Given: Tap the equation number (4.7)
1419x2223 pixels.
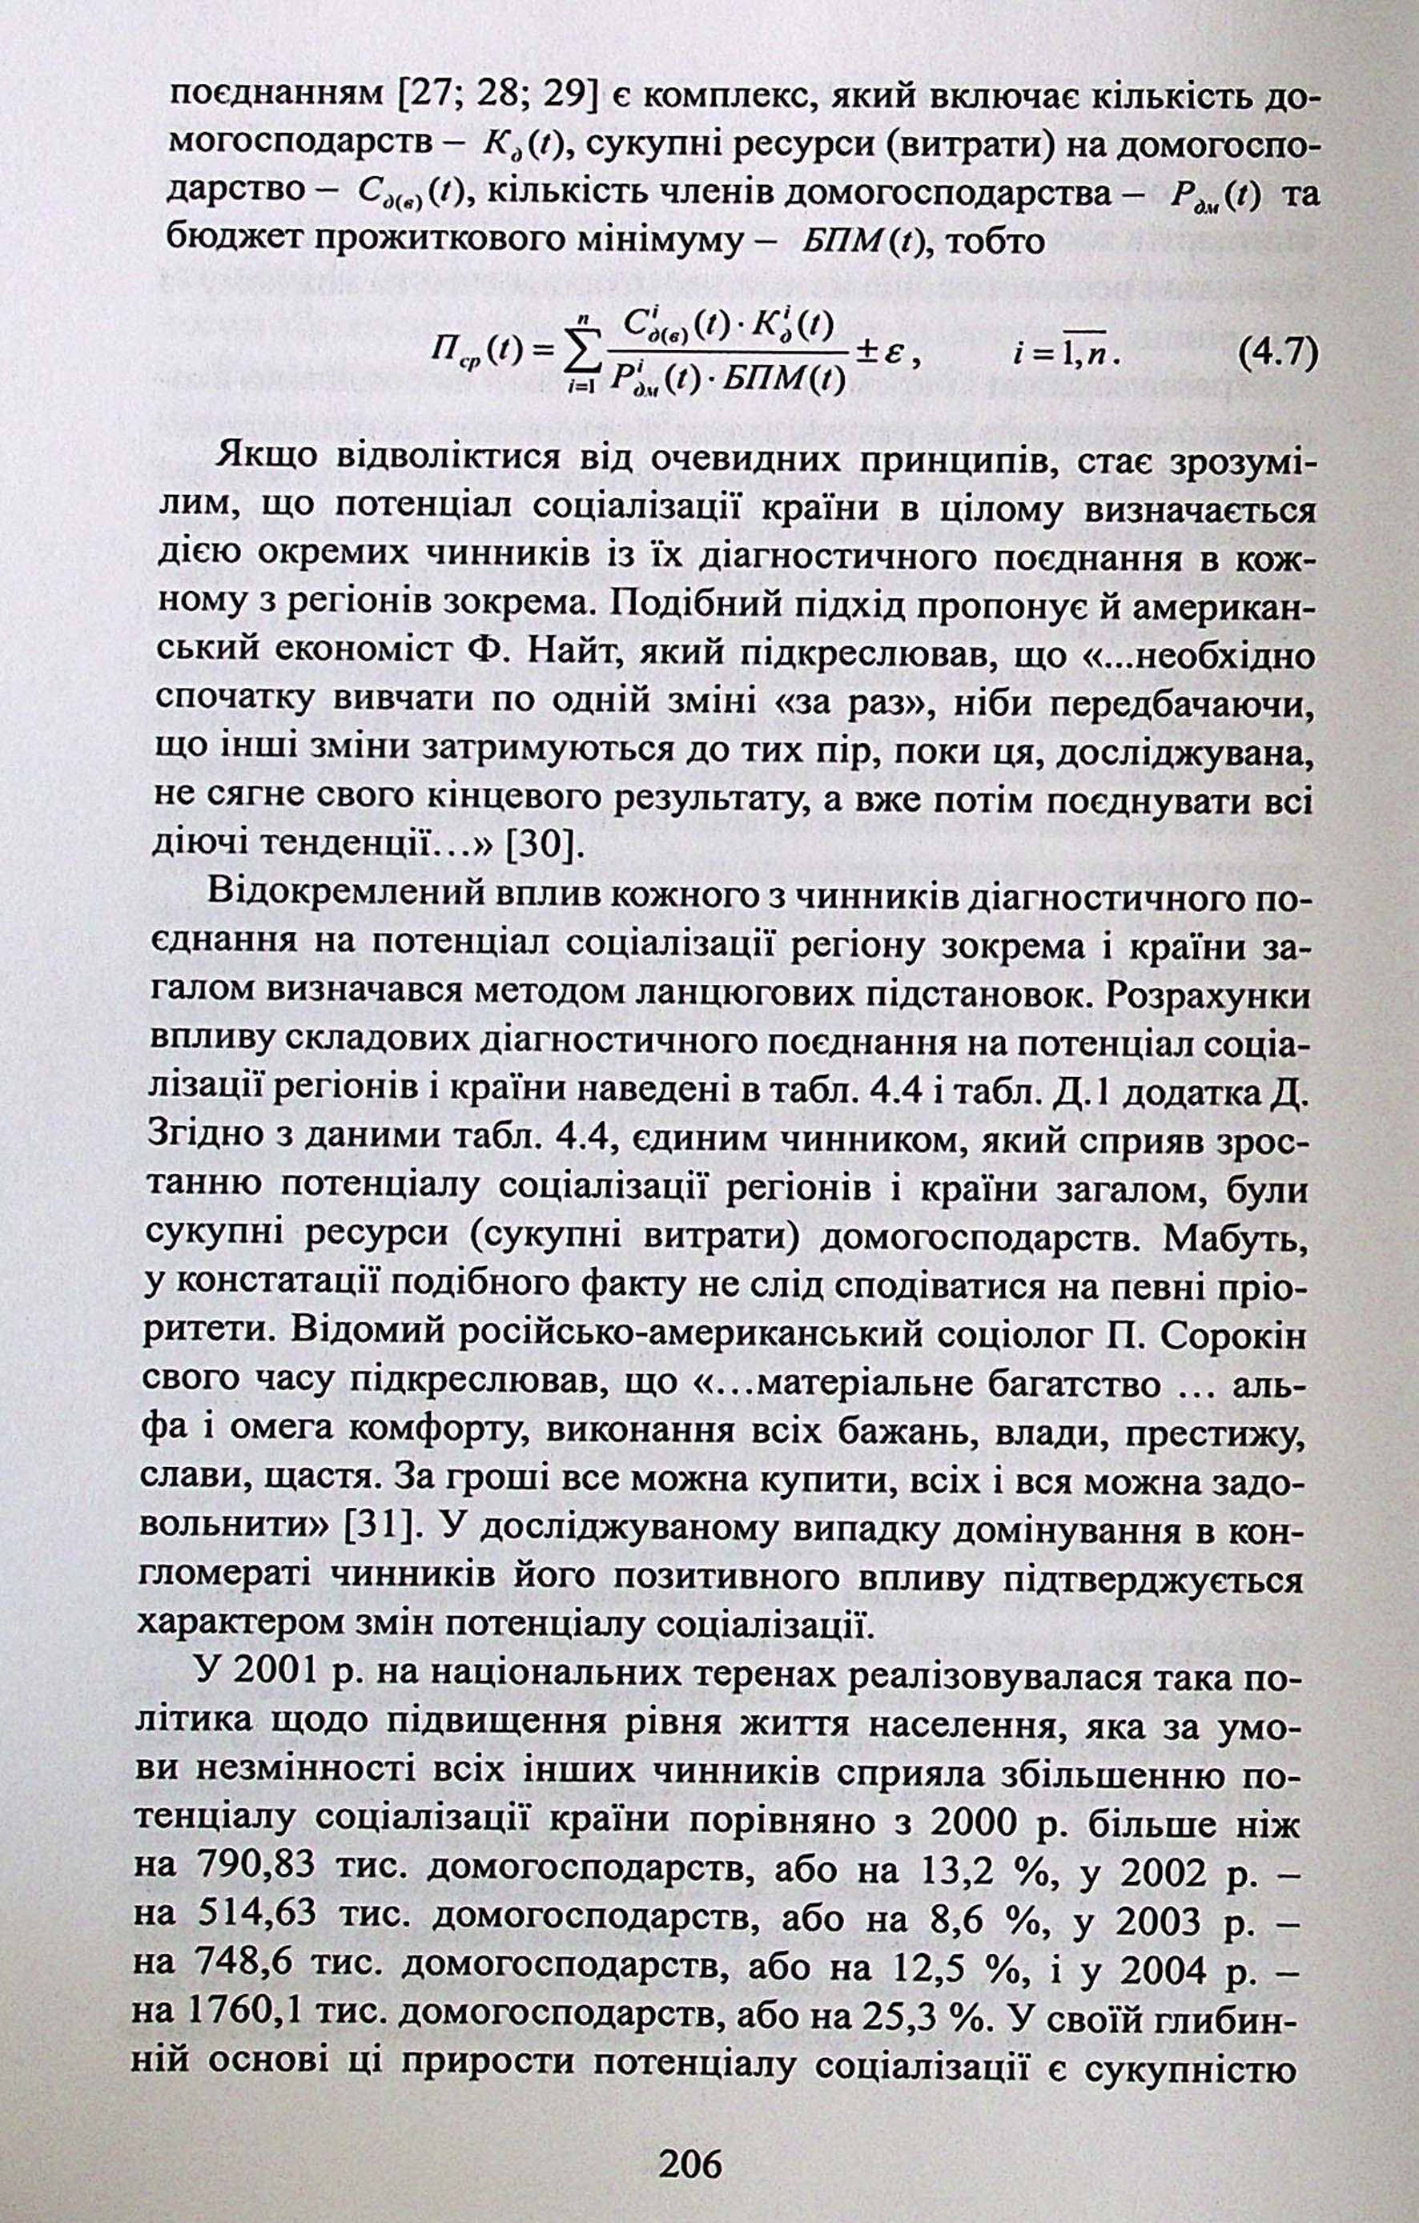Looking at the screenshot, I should (1275, 354).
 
